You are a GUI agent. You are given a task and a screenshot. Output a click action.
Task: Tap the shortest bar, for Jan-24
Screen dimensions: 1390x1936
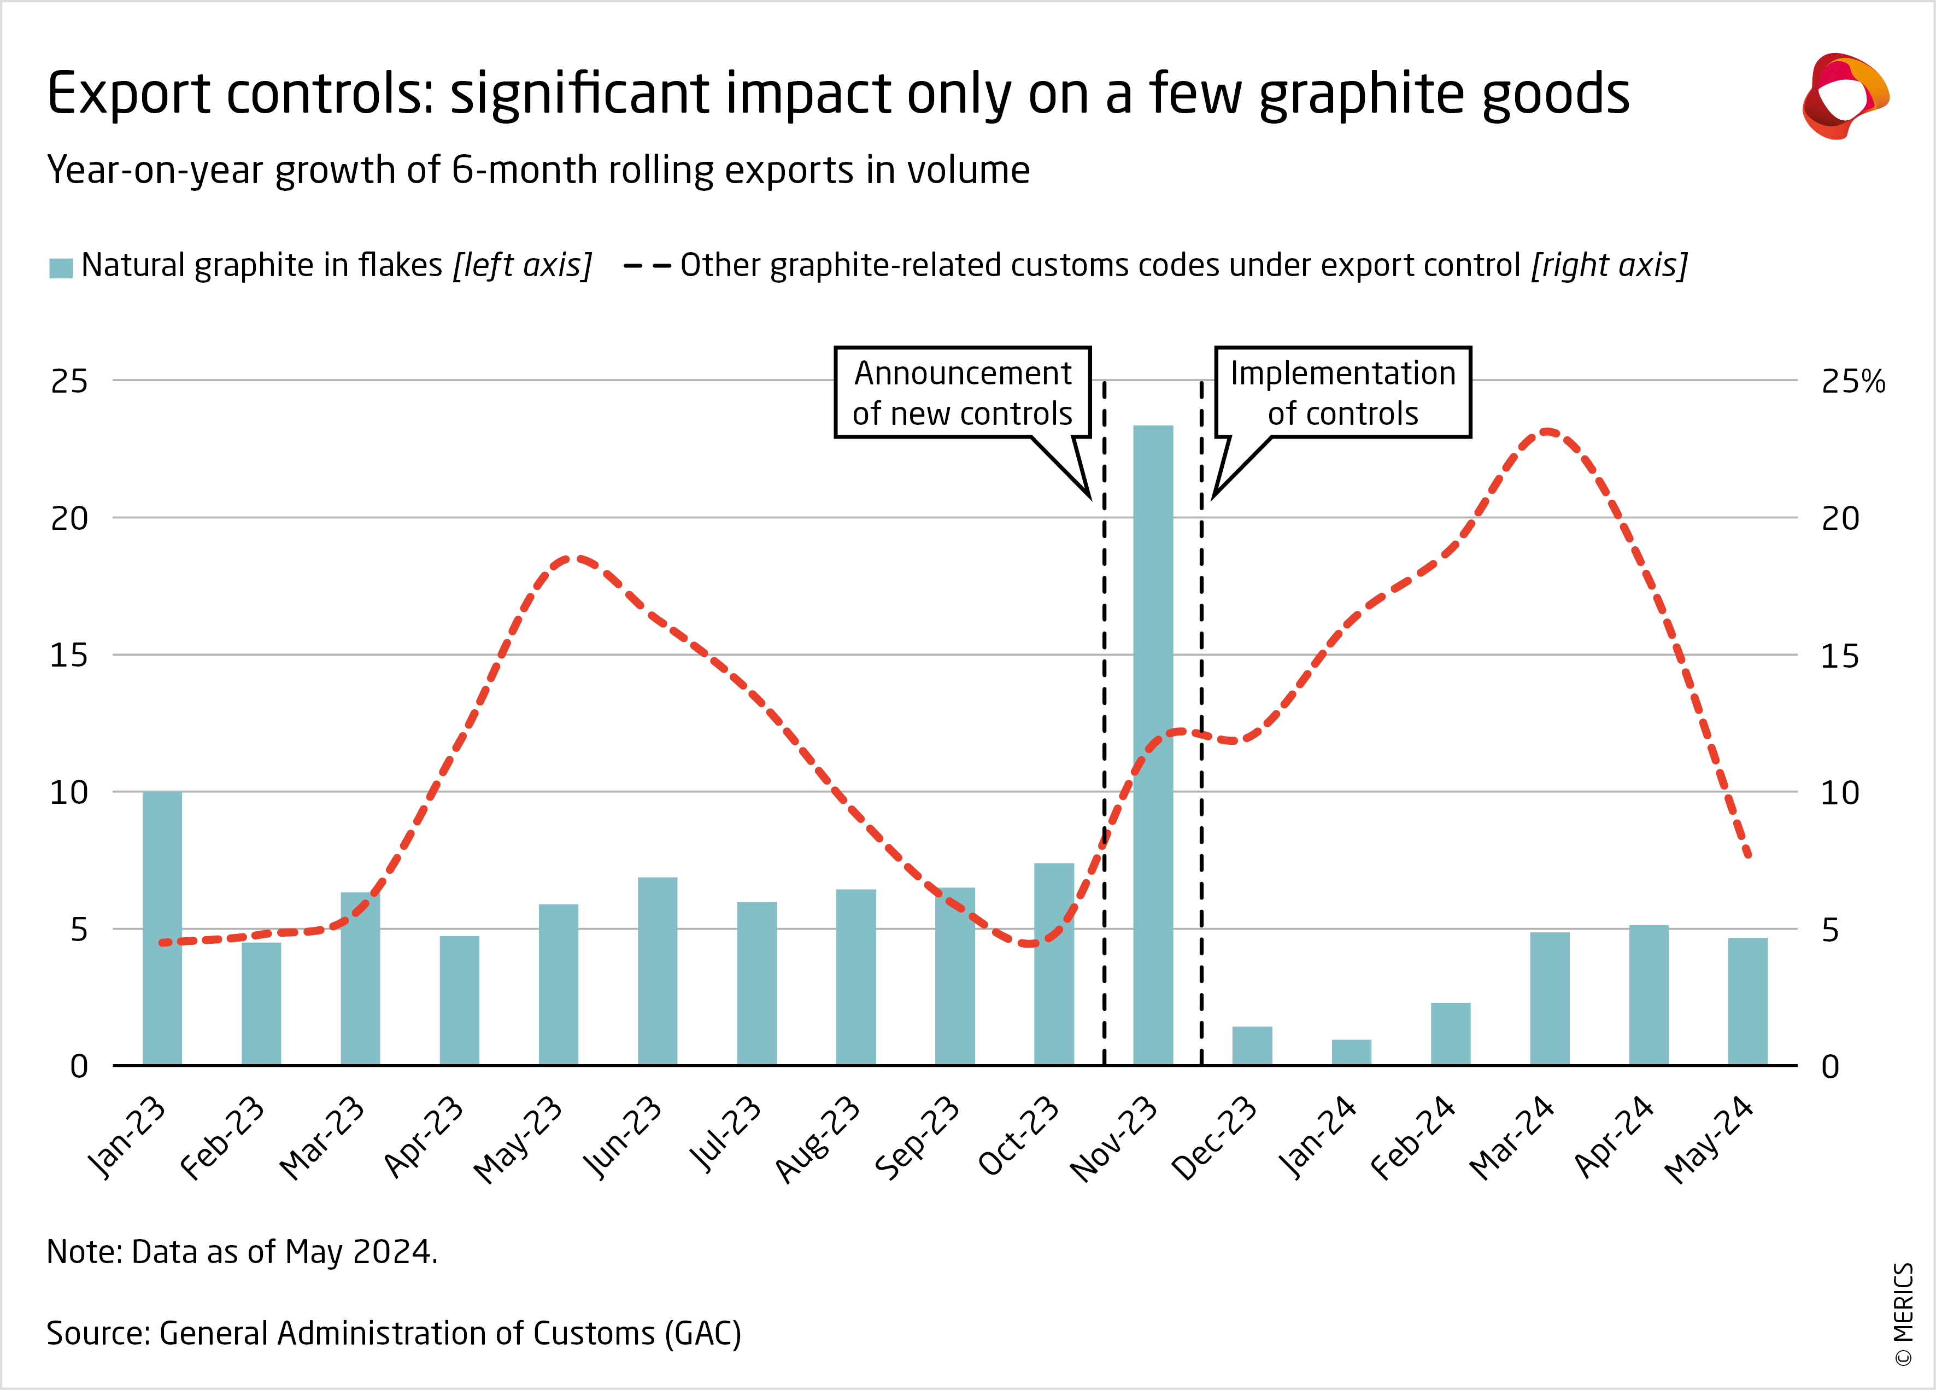pos(1351,1052)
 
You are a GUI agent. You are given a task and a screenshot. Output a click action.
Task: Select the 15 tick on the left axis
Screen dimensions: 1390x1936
pos(69,656)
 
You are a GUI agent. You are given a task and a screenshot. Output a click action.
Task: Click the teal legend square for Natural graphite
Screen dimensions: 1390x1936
pos(61,267)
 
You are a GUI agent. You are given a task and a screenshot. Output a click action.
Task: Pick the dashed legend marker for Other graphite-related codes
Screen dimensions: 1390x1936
pos(647,266)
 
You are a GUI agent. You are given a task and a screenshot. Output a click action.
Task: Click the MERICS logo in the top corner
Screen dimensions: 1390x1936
pos(1844,96)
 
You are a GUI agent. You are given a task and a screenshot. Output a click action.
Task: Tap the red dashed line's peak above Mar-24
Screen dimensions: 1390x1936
pos(1547,432)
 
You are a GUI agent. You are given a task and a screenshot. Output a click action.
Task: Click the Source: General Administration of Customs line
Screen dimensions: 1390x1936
pos(394,1333)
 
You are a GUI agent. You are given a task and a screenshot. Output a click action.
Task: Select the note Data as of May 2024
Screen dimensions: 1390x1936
pos(242,1252)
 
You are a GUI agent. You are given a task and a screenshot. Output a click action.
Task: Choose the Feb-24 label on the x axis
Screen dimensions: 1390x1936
pos(1413,1137)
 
